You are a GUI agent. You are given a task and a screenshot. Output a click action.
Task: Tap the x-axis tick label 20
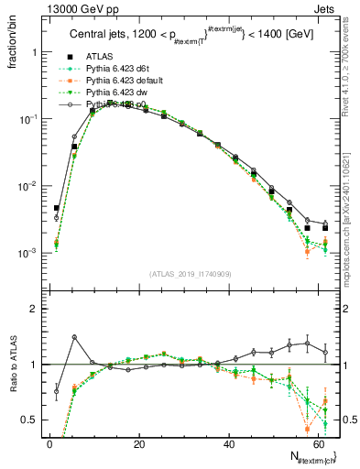[138, 444]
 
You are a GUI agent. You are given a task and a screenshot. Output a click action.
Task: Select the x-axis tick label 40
[227, 444]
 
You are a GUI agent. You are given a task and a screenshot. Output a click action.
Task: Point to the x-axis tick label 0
[49, 444]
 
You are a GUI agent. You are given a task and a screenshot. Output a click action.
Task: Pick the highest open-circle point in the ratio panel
[74, 337]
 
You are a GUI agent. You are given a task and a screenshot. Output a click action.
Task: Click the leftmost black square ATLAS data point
[57, 208]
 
